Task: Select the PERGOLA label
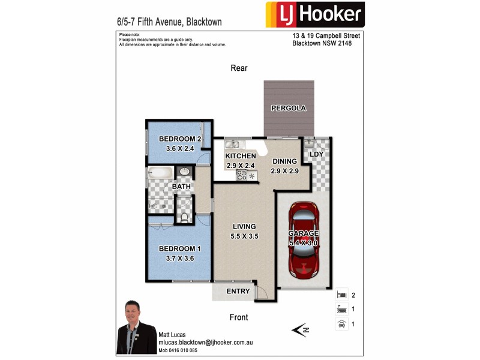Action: [x=289, y=109]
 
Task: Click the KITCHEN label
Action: [x=241, y=156]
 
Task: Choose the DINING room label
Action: [x=284, y=161]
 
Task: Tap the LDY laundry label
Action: [x=316, y=154]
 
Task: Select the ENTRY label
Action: [x=238, y=292]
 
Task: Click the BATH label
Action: [x=181, y=187]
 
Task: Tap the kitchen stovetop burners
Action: [x=242, y=175]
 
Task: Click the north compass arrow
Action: [x=299, y=329]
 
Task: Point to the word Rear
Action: [x=239, y=68]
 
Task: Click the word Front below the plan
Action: [x=239, y=317]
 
